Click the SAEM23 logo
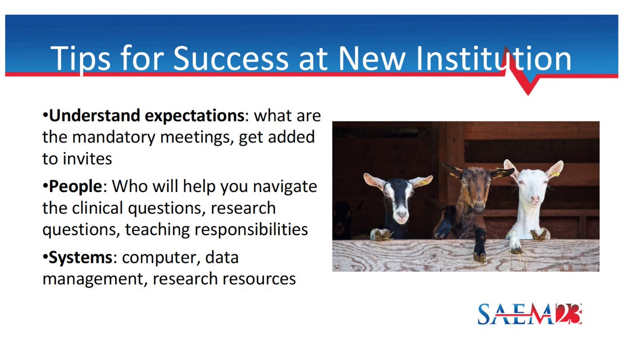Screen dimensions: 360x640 coord(529,314)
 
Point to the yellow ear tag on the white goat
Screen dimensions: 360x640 coord(556,174)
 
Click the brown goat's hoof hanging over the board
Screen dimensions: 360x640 coord(479,255)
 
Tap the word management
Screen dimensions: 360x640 coord(90,279)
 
